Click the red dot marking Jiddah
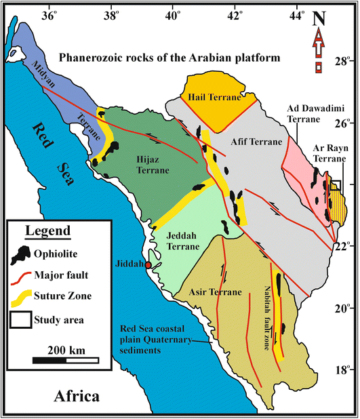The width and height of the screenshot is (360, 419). [x=148, y=264]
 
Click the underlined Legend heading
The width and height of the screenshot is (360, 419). [x=47, y=231]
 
